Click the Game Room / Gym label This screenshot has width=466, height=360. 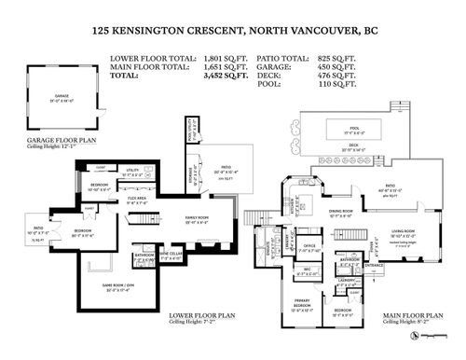coord(130,285)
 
